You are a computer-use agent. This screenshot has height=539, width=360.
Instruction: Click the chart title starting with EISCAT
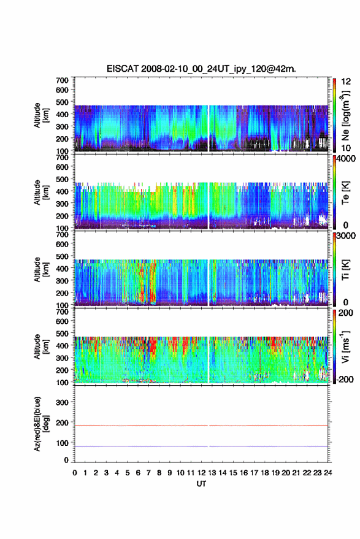pos(201,69)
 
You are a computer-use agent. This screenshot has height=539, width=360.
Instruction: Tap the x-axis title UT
pos(201,484)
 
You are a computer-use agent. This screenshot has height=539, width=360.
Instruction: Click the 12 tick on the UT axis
pos(201,473)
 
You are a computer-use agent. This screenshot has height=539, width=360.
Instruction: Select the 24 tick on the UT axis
pos(328,473)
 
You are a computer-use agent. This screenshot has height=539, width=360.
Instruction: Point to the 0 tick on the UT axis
pos(75,473)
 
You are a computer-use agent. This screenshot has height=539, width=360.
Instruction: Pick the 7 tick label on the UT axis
pos(148,473)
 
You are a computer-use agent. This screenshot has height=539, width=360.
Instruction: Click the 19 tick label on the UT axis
pos(275,473)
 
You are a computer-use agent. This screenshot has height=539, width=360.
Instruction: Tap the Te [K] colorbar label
pos(345,193)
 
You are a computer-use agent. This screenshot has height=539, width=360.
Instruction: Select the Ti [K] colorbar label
pos(345,270)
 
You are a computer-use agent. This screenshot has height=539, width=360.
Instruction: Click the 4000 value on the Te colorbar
pos(347,159)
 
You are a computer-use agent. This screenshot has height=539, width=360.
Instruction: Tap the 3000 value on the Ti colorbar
pos(347,236)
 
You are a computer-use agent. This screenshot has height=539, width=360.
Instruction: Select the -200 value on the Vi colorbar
pos(345,380)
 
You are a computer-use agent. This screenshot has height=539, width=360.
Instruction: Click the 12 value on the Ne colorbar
pos(347,82)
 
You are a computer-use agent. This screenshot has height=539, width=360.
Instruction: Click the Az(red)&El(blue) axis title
pos(41,424)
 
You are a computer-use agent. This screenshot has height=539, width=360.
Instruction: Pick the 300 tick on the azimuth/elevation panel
pos(62,402)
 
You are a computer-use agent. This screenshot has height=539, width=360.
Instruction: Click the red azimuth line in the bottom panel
pos(201,426)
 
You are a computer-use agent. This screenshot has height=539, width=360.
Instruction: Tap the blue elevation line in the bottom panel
pos(201,446)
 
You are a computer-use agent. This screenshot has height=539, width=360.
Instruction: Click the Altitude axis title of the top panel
pos(41,115)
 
